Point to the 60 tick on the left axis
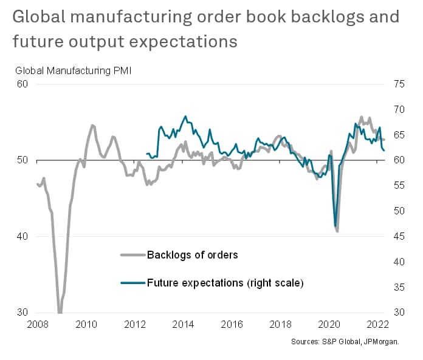[22, 84]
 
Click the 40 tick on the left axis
[22, 237]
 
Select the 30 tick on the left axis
[22, 313]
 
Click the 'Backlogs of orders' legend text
[192, 255]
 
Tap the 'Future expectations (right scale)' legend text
[225, 283]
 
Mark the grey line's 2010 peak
[92, 126]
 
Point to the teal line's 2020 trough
[335, 226]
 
